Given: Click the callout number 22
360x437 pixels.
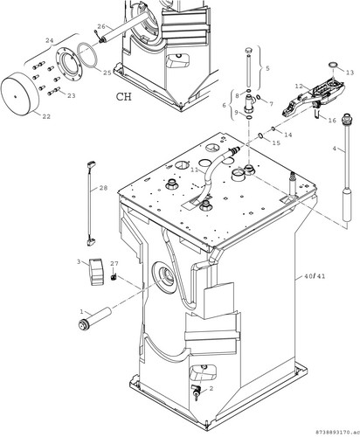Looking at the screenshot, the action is click(46, 116).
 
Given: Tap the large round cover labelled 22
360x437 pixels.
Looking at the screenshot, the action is click(20, 93).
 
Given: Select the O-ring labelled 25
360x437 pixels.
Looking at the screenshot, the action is click(87, 56).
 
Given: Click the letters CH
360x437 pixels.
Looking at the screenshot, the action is click(124, 96).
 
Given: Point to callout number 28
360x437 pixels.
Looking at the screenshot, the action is click(103, 188).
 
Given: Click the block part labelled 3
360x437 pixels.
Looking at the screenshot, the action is click(96, 272).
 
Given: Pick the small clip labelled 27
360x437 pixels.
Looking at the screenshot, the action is click(114, 276).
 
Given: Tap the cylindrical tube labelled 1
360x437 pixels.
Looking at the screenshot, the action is click(95, 319).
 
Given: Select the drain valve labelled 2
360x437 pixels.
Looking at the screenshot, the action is click(197, 389).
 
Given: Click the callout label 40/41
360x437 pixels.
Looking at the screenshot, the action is click(315, 276).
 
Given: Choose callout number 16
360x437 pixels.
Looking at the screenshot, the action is click(332, 120).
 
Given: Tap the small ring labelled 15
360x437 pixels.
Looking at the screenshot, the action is click(260, 135).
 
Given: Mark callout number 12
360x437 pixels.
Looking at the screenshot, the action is click(299, 87).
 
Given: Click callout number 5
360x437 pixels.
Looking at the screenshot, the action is click(267, 68).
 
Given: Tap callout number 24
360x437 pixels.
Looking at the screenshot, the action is click(50, 40).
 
